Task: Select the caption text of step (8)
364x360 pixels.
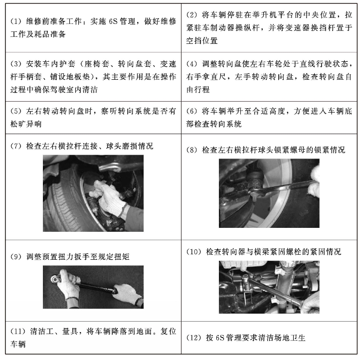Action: tap(272, 150)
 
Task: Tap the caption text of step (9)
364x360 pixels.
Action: tap(75, 257)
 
